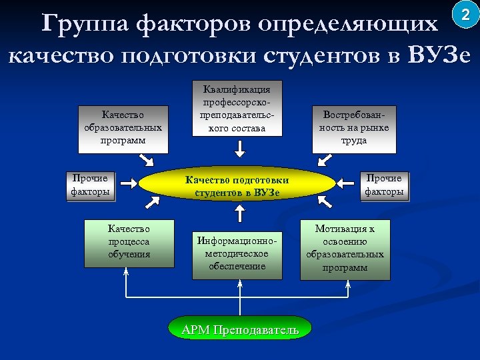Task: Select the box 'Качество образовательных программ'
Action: [x=123, y=127]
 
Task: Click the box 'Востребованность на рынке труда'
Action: [x=354, y=127]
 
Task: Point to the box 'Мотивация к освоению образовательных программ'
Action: [x=345, y=248]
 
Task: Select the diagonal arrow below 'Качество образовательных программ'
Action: [x=146, y=160]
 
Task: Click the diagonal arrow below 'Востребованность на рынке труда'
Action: [x=325, y=160]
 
